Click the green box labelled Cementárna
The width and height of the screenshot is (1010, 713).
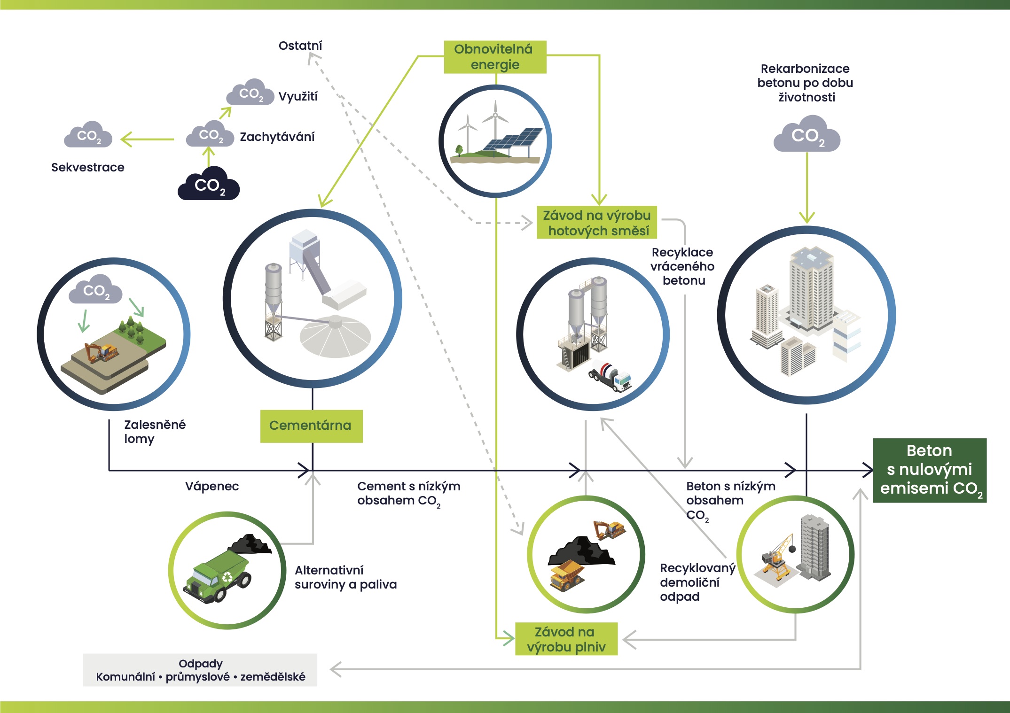coord(311,426)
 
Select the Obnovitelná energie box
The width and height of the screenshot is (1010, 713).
coord(495,57)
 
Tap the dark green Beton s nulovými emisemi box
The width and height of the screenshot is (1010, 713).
coord(929,470)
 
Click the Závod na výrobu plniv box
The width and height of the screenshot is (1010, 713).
coord(566,639)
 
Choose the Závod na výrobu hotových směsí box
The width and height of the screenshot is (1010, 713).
coord(596,223)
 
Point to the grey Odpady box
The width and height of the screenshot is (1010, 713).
coord(200,670)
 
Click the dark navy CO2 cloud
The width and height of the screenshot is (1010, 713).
coord(209,183)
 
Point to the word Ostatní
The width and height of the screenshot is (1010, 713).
coord(300,46)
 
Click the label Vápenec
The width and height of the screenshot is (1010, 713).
coord(212,486)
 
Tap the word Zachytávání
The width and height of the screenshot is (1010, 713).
coord(277,137)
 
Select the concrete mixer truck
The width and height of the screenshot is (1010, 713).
coord(610,375)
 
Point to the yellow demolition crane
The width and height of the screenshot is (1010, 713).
coord(777,558)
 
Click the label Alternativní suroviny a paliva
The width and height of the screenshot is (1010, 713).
coord(345,577)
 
